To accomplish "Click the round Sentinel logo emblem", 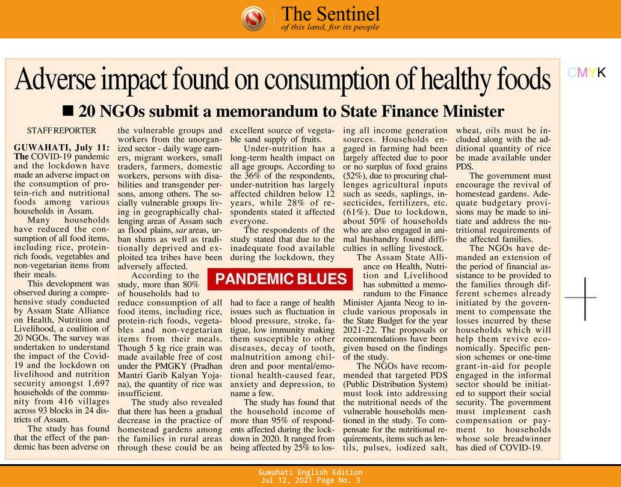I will point(253,19).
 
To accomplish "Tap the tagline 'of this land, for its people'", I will point(330,28).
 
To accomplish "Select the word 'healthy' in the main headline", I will point(451,79).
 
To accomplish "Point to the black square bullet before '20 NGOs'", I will point(68,111).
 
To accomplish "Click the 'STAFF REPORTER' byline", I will point(61,130).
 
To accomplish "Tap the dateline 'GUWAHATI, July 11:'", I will point(61,147).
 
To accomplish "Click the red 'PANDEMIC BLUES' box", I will point(280,278).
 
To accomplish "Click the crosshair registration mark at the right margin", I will point(584,297).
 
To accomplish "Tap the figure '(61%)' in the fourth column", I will point(356,212).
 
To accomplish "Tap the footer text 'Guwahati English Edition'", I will point(310,473).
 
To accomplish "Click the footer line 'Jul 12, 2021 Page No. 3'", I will point(310,481).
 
